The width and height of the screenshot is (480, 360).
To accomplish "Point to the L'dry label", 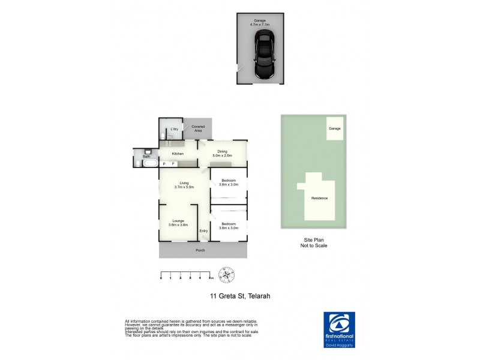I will pyautogui.click(x=174, y=129).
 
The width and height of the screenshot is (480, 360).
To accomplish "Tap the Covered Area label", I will pyautogui.click(x=197, y=128).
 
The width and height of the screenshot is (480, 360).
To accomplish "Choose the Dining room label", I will pyautogui.click(x=222, y=154).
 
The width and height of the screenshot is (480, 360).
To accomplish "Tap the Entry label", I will pyautogui.click(x=203, y=231).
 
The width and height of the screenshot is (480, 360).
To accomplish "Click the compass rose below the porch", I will pyautogui.click(x=226, y=274).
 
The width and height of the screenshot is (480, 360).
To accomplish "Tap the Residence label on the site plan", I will pyautogui.click(x=319, y=198).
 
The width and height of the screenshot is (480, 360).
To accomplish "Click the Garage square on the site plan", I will pyautogui.click(x=335, y=128).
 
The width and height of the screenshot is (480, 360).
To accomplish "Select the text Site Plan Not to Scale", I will pyautogui.click(x=315, y=242).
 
